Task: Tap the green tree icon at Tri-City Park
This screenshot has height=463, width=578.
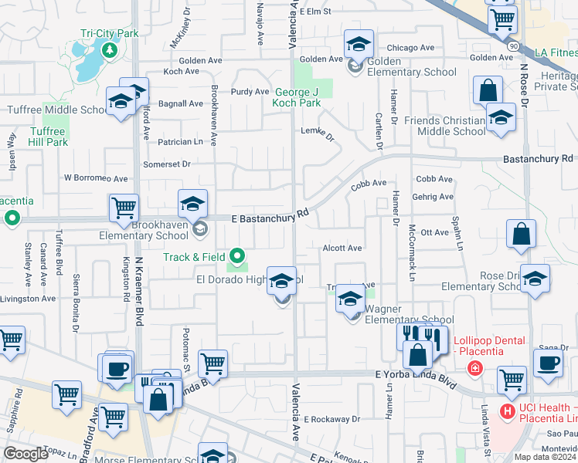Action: [109, 51]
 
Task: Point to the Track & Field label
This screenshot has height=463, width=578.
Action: [194, 257]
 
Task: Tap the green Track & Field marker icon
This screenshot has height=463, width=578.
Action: [240, 256]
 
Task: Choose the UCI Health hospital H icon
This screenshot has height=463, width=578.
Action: [507, 411]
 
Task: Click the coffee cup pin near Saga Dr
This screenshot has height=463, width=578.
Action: [548, 363]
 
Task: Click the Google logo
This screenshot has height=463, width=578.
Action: [26, 453]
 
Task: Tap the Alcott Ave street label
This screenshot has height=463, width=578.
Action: [342, 248]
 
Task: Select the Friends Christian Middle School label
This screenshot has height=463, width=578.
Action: [440, 126]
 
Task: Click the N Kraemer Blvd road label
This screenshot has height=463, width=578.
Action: [140, 286]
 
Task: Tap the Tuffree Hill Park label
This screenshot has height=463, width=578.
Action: [48, 137]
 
